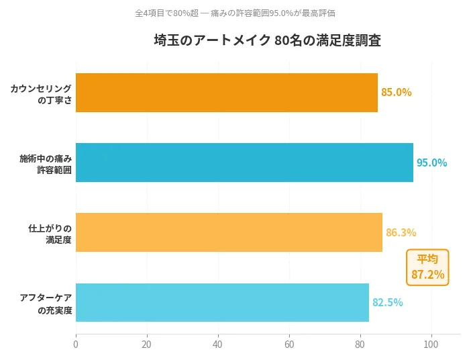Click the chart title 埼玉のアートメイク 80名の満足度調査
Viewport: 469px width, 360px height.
[268, 41]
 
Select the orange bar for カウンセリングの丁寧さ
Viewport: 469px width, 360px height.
[227, 93]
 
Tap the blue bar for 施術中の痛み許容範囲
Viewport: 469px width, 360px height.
[244, 163]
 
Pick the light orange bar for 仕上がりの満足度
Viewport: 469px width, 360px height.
[229, 232]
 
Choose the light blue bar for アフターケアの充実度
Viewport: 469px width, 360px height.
[222, 302]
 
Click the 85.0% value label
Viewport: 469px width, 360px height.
[396, 93]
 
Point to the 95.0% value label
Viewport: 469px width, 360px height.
[431, 163]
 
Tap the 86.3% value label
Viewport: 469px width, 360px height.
[401, 232]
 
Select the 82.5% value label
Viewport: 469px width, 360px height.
[387, 302]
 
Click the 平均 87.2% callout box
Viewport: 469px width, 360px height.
[427, 267]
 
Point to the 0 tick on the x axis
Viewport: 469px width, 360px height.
[76, 345]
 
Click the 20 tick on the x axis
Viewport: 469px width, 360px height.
[147, 345]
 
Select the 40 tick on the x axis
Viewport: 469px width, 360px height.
[218, 345]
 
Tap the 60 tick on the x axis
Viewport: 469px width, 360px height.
[289, 345]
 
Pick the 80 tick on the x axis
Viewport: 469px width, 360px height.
[360, 345]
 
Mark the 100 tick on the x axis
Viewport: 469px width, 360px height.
[431, 345]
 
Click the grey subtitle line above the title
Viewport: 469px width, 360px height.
[235, 13]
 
